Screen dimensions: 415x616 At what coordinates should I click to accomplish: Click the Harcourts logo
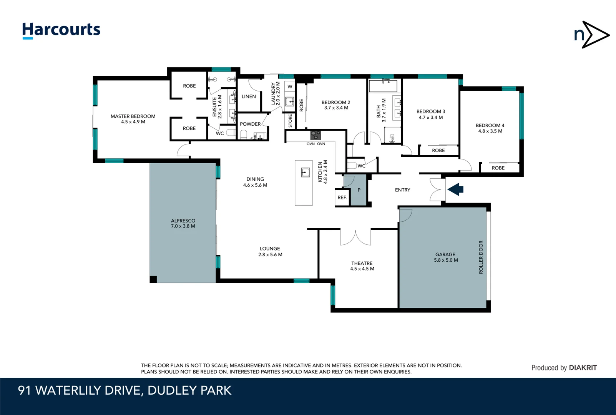[x=61, y=30]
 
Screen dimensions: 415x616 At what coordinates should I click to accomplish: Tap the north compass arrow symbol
[x=591, y=35]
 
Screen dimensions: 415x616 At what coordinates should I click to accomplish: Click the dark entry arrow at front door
[x=456, y=189]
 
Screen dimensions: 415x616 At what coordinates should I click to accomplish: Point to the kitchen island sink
[x=306, y=172]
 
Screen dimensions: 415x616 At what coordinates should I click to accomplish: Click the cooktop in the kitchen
[x=315, y=135]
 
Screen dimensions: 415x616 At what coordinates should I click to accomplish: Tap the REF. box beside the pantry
[x=342, y=198]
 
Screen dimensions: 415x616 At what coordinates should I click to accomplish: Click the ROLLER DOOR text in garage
[x=481, y=257]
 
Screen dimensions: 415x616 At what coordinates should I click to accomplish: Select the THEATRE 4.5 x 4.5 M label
[x=362, y=266]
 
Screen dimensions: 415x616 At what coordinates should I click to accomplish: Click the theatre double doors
[x=355, y=237]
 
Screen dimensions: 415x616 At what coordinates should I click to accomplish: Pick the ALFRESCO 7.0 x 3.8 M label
[x=183, y=223]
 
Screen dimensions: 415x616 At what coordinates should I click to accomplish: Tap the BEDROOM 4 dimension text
[x=490, y=131]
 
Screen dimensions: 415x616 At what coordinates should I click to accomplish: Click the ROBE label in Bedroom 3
[x=438, y=151]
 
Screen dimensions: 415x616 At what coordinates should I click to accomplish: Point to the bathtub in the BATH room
[x=383, y=86]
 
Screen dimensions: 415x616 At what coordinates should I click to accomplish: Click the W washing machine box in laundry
[x=290, y=86]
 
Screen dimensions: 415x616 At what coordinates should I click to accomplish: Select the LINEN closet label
[x=249, y=96]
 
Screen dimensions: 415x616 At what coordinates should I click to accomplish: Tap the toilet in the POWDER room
[x=243, y=134]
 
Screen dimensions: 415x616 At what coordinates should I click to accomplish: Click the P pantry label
[x=359, y=190]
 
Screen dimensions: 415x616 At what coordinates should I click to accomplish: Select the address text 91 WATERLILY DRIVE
[x=125, y=390]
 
